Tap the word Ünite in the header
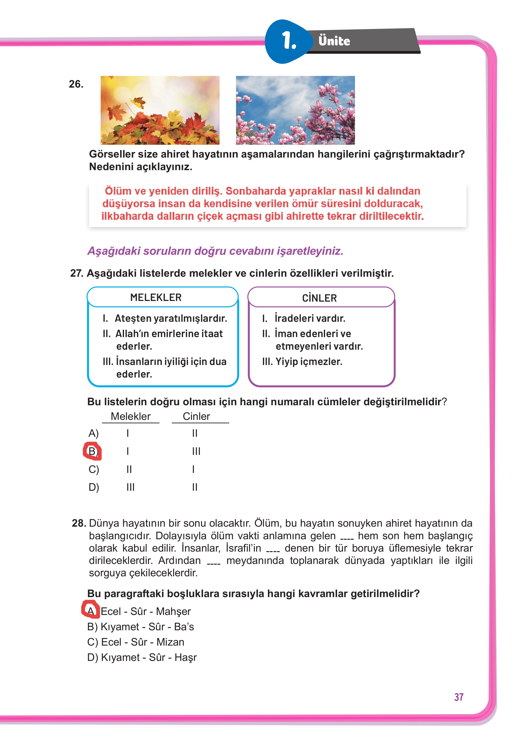coord(334,41)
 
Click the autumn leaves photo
coord(160,110)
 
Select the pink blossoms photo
coord(295,110)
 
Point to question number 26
coord(76,84)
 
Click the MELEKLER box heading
coord(156,297)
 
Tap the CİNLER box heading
coord(319,298)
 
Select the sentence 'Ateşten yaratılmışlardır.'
coord(171,318)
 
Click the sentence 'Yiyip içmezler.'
coord(309,362)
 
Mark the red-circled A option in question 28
coord(91,611)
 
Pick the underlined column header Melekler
coord(130,416)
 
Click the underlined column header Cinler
coord(196,416)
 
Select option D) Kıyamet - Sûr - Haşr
coord(142,657)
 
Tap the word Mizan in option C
coord(170,642)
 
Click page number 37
coord(459,697)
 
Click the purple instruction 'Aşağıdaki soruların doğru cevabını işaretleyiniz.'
coord(215,251)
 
